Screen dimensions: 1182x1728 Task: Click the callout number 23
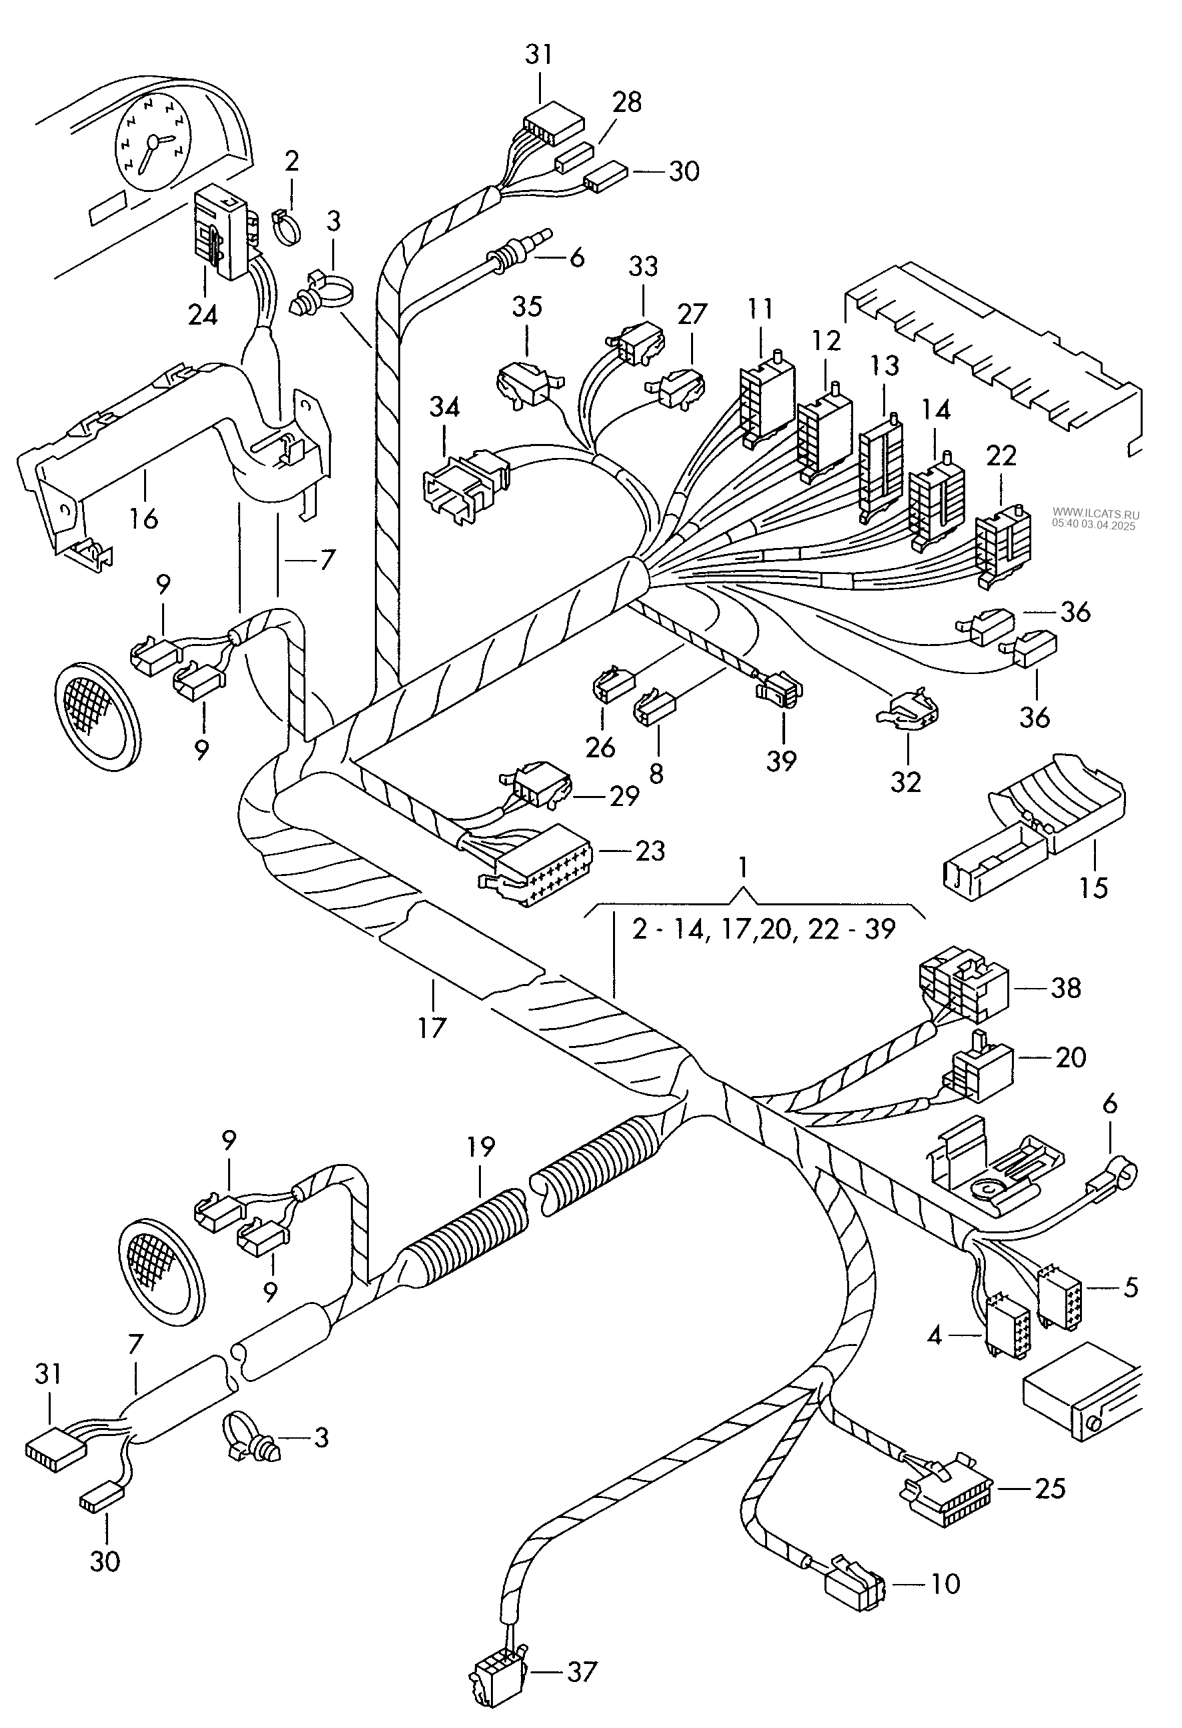[650, 851]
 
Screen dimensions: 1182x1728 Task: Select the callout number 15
[1093, 889]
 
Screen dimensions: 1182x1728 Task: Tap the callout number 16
[143, 517]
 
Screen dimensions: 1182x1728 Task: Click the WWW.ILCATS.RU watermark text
[1095, 514]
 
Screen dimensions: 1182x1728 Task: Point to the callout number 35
[528, 307]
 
